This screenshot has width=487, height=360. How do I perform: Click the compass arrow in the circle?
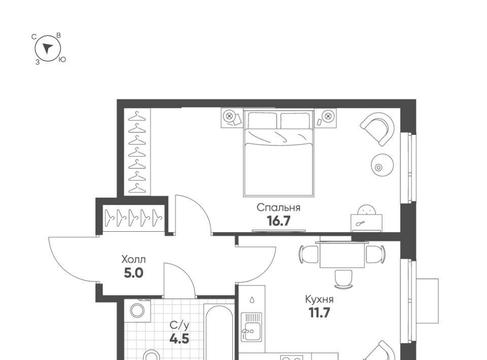point(48,48)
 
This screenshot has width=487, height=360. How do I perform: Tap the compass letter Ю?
point(62,60)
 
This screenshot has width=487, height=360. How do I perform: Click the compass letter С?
point(34,37)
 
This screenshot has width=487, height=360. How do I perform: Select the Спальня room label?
point(279,207)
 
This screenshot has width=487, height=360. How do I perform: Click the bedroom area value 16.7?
point(279,221)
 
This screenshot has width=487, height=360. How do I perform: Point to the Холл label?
point(133,259)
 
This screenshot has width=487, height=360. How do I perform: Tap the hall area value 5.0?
point(133,273)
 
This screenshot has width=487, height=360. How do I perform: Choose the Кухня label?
point(319,300)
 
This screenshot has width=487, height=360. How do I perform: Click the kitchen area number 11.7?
point(319,313)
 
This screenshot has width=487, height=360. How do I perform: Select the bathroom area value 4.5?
point(180,339)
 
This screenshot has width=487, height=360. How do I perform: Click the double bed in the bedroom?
point(279,153)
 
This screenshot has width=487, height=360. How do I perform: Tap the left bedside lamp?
point(230,117)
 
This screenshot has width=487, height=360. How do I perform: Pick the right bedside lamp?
point(327,117)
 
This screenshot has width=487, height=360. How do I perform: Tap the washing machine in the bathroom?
point(137,310)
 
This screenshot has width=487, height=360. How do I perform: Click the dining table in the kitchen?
point(342,255)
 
